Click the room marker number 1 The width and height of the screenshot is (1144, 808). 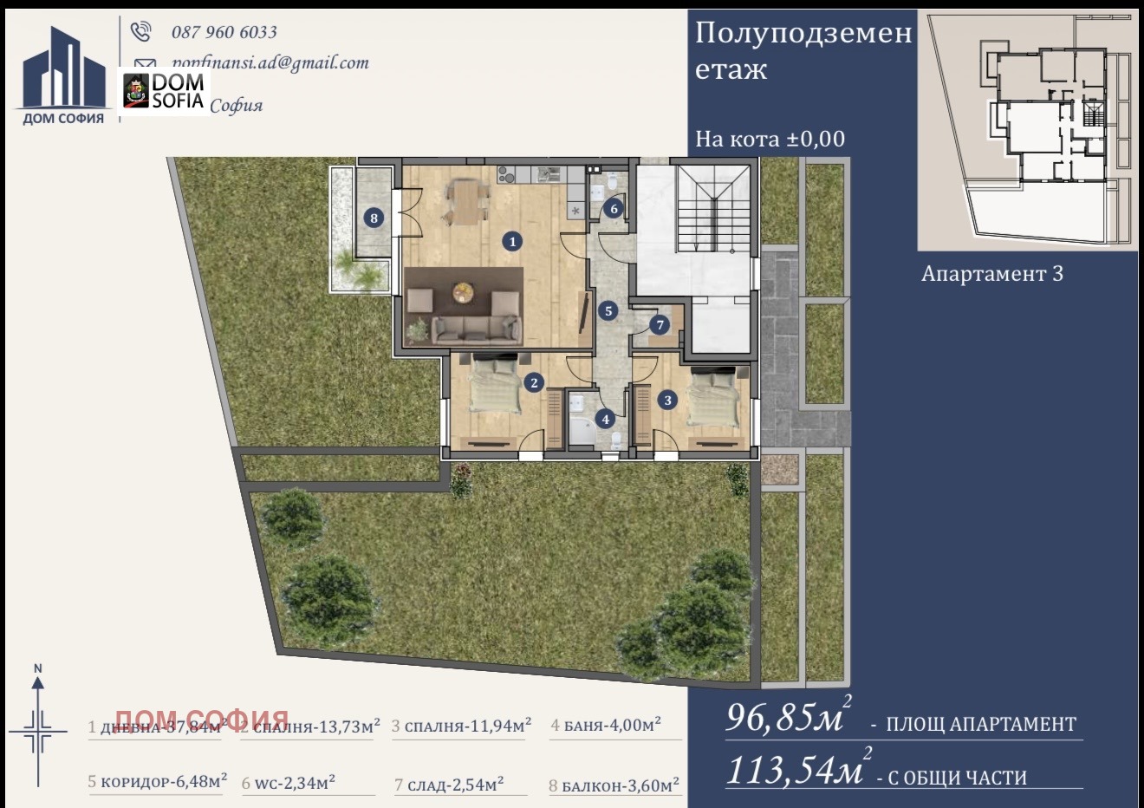tap(513, 241)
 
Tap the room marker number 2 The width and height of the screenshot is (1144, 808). tap(534, 382)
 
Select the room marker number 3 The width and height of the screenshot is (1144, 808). tap(667, 400)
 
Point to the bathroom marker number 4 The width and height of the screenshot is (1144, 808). tap(606, 419)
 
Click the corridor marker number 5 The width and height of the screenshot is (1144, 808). tap(608, 310)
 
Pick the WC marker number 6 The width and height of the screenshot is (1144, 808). tap(614, 208)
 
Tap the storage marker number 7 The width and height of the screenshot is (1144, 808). tap(660, 325)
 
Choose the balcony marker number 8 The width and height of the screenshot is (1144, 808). tap(374, 218)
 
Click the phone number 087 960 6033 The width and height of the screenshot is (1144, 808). tap(224, 32)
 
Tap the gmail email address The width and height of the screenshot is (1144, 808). tap(270, 62)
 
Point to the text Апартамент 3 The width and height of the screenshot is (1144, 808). tap(991, 274)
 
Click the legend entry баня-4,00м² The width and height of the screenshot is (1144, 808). tap(606, 725)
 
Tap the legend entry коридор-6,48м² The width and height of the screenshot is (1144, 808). tap(158, 781)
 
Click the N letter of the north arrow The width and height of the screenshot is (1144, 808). tap(37, 668)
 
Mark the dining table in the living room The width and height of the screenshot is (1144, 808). tap(465, 202)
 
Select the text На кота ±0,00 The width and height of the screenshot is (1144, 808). tap(770, 139)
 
